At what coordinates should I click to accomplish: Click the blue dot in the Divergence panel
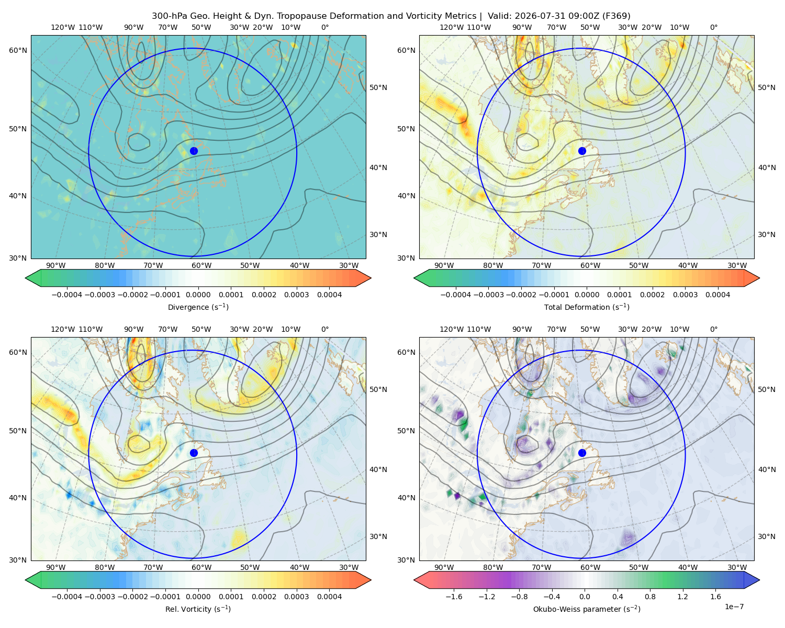coord(194,151)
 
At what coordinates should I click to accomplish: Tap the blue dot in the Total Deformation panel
coord(582,151)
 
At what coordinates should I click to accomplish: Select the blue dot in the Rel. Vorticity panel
coord(194,453)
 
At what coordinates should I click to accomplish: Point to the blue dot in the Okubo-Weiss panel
coord(582,453)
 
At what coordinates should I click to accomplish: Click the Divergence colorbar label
coord(198,307)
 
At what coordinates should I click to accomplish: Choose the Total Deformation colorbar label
coord(587,307)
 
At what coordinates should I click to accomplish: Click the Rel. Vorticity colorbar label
coord(198,609)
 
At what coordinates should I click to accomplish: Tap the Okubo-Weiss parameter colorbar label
coord(587,609)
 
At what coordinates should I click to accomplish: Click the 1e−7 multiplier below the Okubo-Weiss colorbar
coord(734,607)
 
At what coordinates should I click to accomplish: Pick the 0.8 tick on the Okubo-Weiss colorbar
coord(650,596)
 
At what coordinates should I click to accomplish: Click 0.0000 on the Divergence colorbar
coord(198,295)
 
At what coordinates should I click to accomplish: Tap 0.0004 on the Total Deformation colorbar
coord(717,295)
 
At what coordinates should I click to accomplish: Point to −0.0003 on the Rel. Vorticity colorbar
coord(99,596)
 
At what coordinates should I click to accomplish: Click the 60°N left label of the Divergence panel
coord(18,50)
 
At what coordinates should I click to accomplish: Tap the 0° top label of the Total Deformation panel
coord(713,27)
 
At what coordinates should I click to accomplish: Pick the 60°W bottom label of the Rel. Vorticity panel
coord(201,567)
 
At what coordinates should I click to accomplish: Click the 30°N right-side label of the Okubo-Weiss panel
coord(766,536)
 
